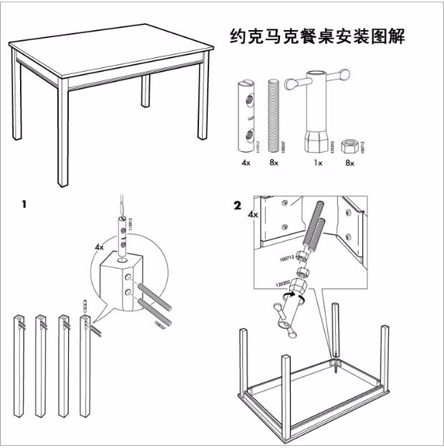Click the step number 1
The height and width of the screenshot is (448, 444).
[24, 204]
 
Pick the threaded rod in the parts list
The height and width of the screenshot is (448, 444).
[273, 115]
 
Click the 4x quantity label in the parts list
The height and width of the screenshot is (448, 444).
[246, 163]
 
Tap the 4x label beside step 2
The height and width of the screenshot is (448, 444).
[252, 214]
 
